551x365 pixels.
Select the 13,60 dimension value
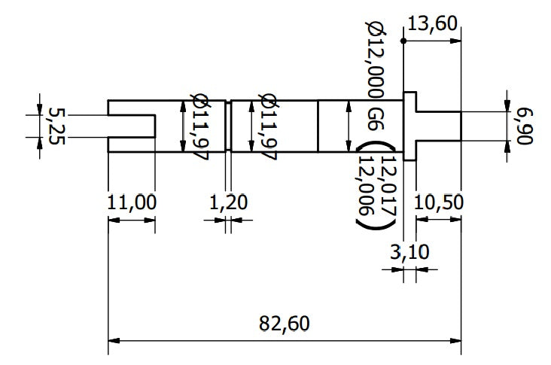coord(431,23)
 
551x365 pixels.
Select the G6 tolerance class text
coord(375,118)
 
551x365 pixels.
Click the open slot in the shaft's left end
coord(132,126)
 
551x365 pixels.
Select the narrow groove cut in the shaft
coord(228,126)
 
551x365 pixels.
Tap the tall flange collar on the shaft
coord(410,126)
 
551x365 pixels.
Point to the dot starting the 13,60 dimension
coord(404,41)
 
